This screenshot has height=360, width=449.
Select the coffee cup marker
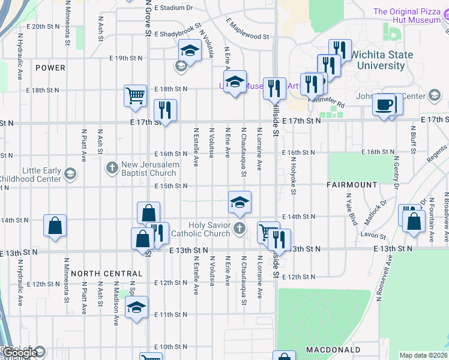[384, 104]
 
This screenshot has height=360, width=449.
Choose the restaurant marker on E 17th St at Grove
[164, 110]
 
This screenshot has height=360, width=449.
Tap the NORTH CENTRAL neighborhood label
[106, 274]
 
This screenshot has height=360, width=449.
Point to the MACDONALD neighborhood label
[333, 349]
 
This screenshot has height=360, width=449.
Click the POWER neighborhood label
[50, 68]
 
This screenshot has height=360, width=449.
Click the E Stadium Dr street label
[173, 8]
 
